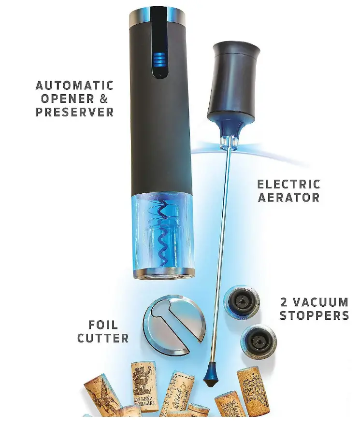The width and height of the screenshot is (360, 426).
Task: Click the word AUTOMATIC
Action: [74, 86]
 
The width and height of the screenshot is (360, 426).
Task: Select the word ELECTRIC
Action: [288, 184]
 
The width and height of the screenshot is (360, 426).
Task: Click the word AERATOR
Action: [288, 197]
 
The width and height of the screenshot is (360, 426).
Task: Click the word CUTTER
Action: [103, 338]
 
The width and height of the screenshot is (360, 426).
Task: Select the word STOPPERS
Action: [314, 316]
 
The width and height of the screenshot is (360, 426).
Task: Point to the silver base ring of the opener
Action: [162, 273]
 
